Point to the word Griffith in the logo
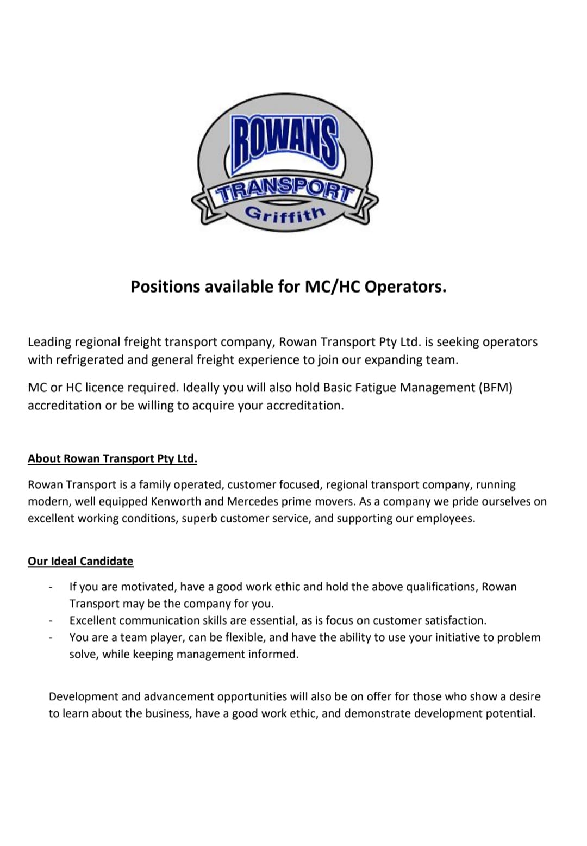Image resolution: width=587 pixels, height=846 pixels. (x=285, y=214)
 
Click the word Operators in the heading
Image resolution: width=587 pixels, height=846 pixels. (x=405, y=287)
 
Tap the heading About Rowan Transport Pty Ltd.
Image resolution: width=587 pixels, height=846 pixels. (x=113, y=458)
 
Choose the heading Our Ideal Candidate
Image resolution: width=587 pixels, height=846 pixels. (x=80, y=561)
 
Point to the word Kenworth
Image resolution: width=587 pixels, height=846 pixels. (x=176, y=501)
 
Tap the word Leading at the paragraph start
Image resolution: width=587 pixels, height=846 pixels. (x=49, y=342)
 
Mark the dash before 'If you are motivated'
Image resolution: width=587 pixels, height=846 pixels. (x=51, y=588)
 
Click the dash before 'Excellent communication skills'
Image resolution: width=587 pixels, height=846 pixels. (x=51, y=621)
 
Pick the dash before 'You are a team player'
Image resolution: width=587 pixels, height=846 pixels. (x=51, y=638)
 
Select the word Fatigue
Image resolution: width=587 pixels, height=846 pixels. (x=378, y=388)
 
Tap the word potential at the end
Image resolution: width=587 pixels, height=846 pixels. (x=510, y=713)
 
